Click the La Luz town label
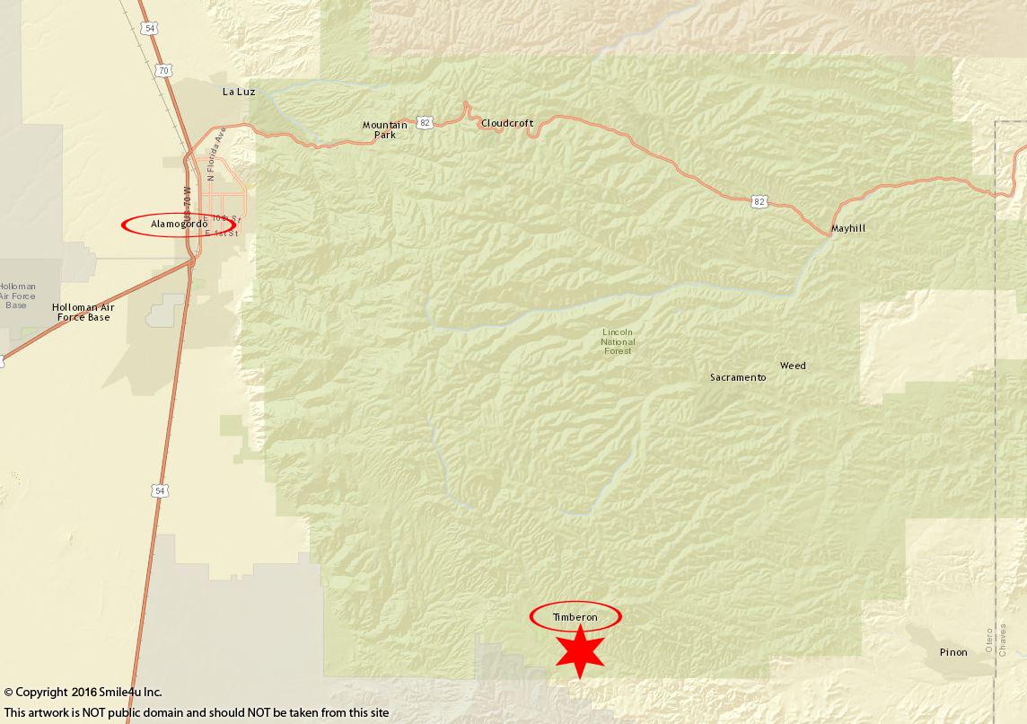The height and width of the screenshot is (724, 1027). coord(239,92)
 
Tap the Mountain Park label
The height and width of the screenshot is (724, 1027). coord(384,129)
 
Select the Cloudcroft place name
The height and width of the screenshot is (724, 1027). coord(507,123)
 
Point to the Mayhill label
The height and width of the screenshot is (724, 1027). coord(847,228)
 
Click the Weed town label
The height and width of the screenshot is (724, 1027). coord(793,366)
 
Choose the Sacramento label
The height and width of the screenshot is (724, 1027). coord(738,377)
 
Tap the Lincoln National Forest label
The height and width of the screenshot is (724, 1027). coord(618,341)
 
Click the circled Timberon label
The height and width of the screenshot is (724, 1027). coord(575,617)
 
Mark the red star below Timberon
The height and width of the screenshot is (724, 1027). coord(579,652)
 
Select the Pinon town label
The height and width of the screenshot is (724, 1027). coord(953,652)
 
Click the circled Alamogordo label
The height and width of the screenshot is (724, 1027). coord(180,224)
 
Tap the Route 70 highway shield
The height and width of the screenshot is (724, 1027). coord(162,70)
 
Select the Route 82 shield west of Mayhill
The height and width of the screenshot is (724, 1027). coord(759,202)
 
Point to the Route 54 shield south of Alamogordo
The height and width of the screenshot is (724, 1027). coord(160,490)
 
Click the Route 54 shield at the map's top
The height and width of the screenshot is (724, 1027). coord(149,29)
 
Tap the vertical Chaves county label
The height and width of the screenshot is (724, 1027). coord(1003,639)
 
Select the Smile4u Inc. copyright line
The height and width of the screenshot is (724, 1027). coord(83,692)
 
